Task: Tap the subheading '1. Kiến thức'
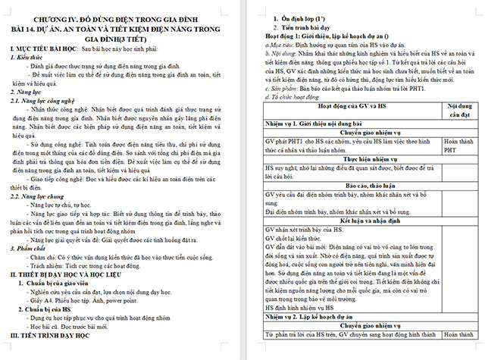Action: [x=27, y=58]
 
